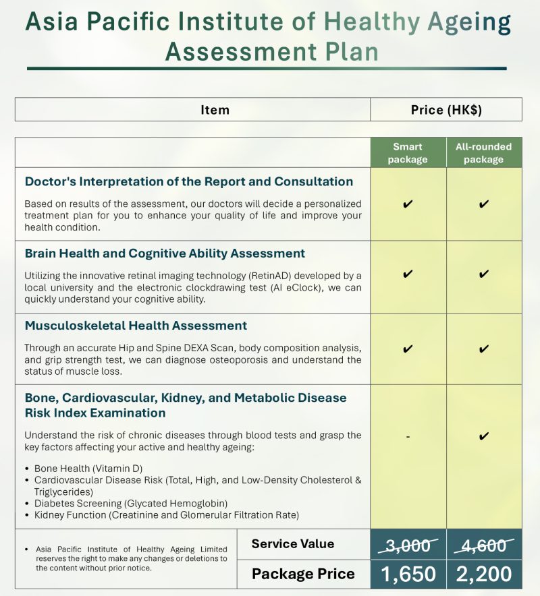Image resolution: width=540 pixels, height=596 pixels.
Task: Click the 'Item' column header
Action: pyautogui.click(x=215, y=110)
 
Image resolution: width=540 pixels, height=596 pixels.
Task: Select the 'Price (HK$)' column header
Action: pyautogui.click(x=446, y=110)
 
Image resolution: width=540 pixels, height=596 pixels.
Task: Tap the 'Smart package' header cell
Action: pyautogui.click(x=408, y=153)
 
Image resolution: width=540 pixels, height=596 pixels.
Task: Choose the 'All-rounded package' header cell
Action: pyautogui.click(x=483, y=153)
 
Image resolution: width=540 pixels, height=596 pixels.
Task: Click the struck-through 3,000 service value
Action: pyautogui.click(x=408, y=545)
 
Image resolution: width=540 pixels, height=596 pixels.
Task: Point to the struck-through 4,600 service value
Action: pyautogui.click(x=483, y=545)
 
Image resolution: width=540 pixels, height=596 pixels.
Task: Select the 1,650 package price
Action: pyautogui.click(x=408, y=574)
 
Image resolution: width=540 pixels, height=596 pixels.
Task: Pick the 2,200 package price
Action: pyautogui.click(x=483, y=574)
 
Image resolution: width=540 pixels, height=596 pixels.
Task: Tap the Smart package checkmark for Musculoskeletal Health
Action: pyautogui.click(x=408, y=349)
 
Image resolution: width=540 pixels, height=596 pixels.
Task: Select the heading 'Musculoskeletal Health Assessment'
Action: pyautogui.click(x=136, y=326)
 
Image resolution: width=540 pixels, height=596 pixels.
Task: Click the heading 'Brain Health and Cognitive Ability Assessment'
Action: pyautogui.click(x=165, y=254)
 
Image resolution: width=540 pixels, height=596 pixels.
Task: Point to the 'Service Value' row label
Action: pyautogui.click(x=292, y=544)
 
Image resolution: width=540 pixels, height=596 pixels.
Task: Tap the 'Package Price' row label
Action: pyautogui.click(x=303, y=574)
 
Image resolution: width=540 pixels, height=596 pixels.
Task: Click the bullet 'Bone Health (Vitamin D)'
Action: pyautogui.click(x=88, y=468)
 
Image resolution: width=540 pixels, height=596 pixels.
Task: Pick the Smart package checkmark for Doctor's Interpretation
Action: pyautogui.click(x=408, y=204)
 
